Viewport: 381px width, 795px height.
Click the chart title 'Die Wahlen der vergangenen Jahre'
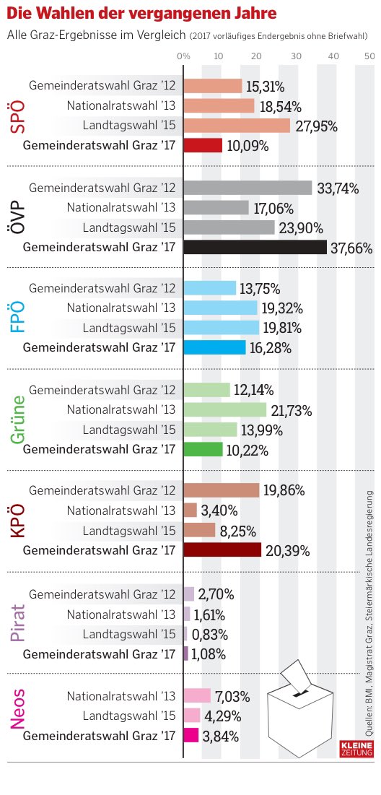141,14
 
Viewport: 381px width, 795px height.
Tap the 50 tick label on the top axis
369,56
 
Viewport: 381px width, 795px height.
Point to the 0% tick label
183,56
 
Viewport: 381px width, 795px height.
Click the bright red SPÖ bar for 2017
203,145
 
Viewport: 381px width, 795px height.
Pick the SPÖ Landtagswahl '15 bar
237,126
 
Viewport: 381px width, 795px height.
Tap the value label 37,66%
351,248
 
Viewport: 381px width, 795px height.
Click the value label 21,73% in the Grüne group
292,411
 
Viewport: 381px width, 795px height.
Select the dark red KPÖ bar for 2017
222,550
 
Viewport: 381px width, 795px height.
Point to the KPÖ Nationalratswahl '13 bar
190,511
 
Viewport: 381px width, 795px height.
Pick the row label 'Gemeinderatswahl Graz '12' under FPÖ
102,288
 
